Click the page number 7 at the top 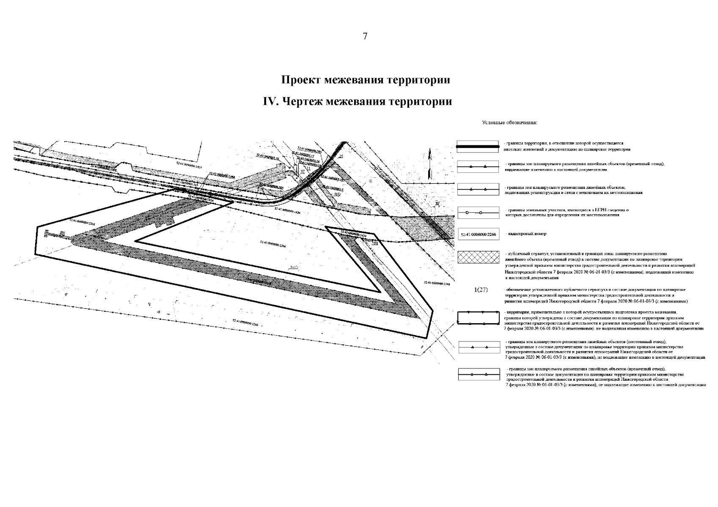pos(365,36)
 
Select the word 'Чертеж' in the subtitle pos(302,102)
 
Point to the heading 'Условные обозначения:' pos(509,123)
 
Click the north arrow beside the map pos(430,163)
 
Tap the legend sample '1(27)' pos(481,289)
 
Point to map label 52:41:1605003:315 pos(186,183)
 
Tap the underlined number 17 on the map pos(303,171)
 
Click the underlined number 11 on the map pos(308,168)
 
